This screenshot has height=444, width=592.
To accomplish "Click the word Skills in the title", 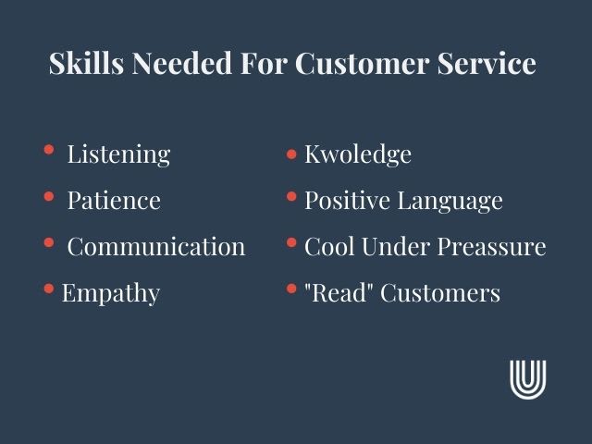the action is tap(86, 63).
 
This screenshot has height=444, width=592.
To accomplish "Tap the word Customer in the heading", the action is tap(362, 63).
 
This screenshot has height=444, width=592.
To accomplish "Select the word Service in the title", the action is tap(487, 63).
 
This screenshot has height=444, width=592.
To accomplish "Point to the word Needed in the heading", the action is tap(182, 63).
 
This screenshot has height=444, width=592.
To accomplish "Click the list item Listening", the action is tap(118, 154).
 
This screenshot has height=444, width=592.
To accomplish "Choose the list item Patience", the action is tap(114, 200).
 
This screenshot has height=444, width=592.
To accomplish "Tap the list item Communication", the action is tap(156, 247).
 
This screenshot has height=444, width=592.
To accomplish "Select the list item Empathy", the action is tap(111, 293).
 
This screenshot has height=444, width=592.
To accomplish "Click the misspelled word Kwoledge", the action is tap(358, 154).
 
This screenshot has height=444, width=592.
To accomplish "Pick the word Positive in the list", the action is tap(347, 200).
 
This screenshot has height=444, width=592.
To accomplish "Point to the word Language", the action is tap(450, 201).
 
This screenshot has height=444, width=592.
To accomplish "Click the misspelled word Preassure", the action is tap(491, 247).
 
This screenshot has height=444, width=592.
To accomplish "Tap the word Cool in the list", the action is tap(329, 247).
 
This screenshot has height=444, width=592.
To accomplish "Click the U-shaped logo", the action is tap(528, 379).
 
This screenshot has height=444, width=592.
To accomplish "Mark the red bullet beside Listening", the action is tap(49, 150).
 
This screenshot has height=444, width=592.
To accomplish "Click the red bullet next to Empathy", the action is tap(49, 289).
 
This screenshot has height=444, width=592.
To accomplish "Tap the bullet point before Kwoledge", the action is tap(291, 154).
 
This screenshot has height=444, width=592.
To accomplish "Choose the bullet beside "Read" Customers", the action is tap(291, 289).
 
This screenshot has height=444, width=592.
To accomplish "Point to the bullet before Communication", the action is tap(49, 242).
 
